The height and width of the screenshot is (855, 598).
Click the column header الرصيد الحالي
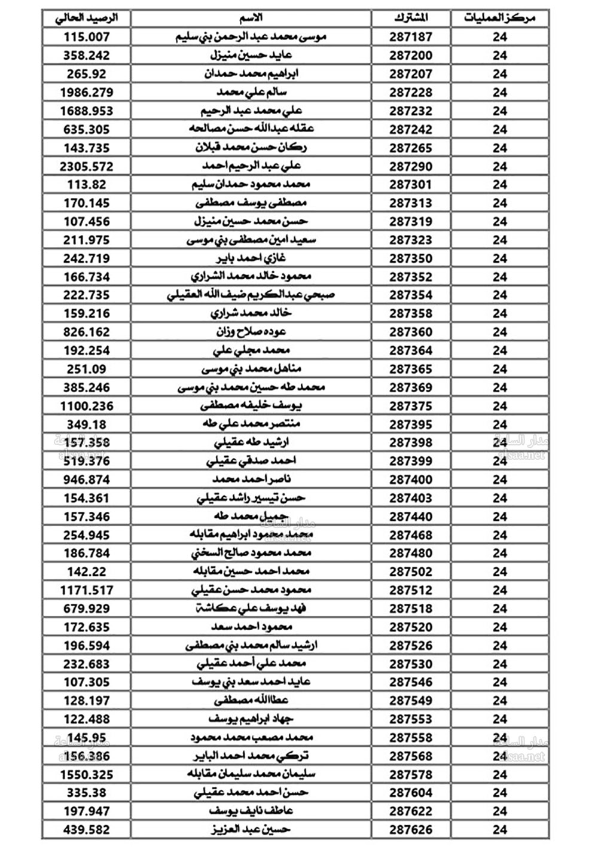click(x=87, y=18)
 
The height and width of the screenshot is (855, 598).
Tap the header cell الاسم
click(x=251, y=18)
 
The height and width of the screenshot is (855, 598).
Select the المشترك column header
click(x=411, y=18)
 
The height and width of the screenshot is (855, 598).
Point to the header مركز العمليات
click(x=499, y=18)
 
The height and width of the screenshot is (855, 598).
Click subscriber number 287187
click(x=411, y=37)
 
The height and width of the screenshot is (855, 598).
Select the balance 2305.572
click(x=87, y=166)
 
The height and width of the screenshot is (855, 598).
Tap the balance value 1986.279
click(x=87, y=93)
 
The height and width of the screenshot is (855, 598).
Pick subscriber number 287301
click(x=411, y=185)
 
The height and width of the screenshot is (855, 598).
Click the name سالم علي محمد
click(x=252, y=93)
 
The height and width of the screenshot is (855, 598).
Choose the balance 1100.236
click(x=87, y=406)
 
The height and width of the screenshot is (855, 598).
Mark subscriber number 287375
click(x=411, y=406)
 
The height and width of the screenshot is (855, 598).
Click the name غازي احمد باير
click(x=251, y=258)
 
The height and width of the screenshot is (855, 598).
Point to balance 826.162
click(x=87, y=332)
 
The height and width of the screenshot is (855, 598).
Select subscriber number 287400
click(x=411, y=480)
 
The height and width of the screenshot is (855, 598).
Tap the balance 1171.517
click(x=87, y=590)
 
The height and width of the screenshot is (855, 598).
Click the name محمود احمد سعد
click(x=252, y=627)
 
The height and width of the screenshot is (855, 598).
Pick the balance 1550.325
click(x=87, y=774)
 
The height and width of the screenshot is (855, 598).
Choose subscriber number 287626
click(x=411, y=830)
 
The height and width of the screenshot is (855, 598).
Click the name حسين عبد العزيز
click(x=251, y=830)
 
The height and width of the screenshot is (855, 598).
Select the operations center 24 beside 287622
click(x=500, y=811)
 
